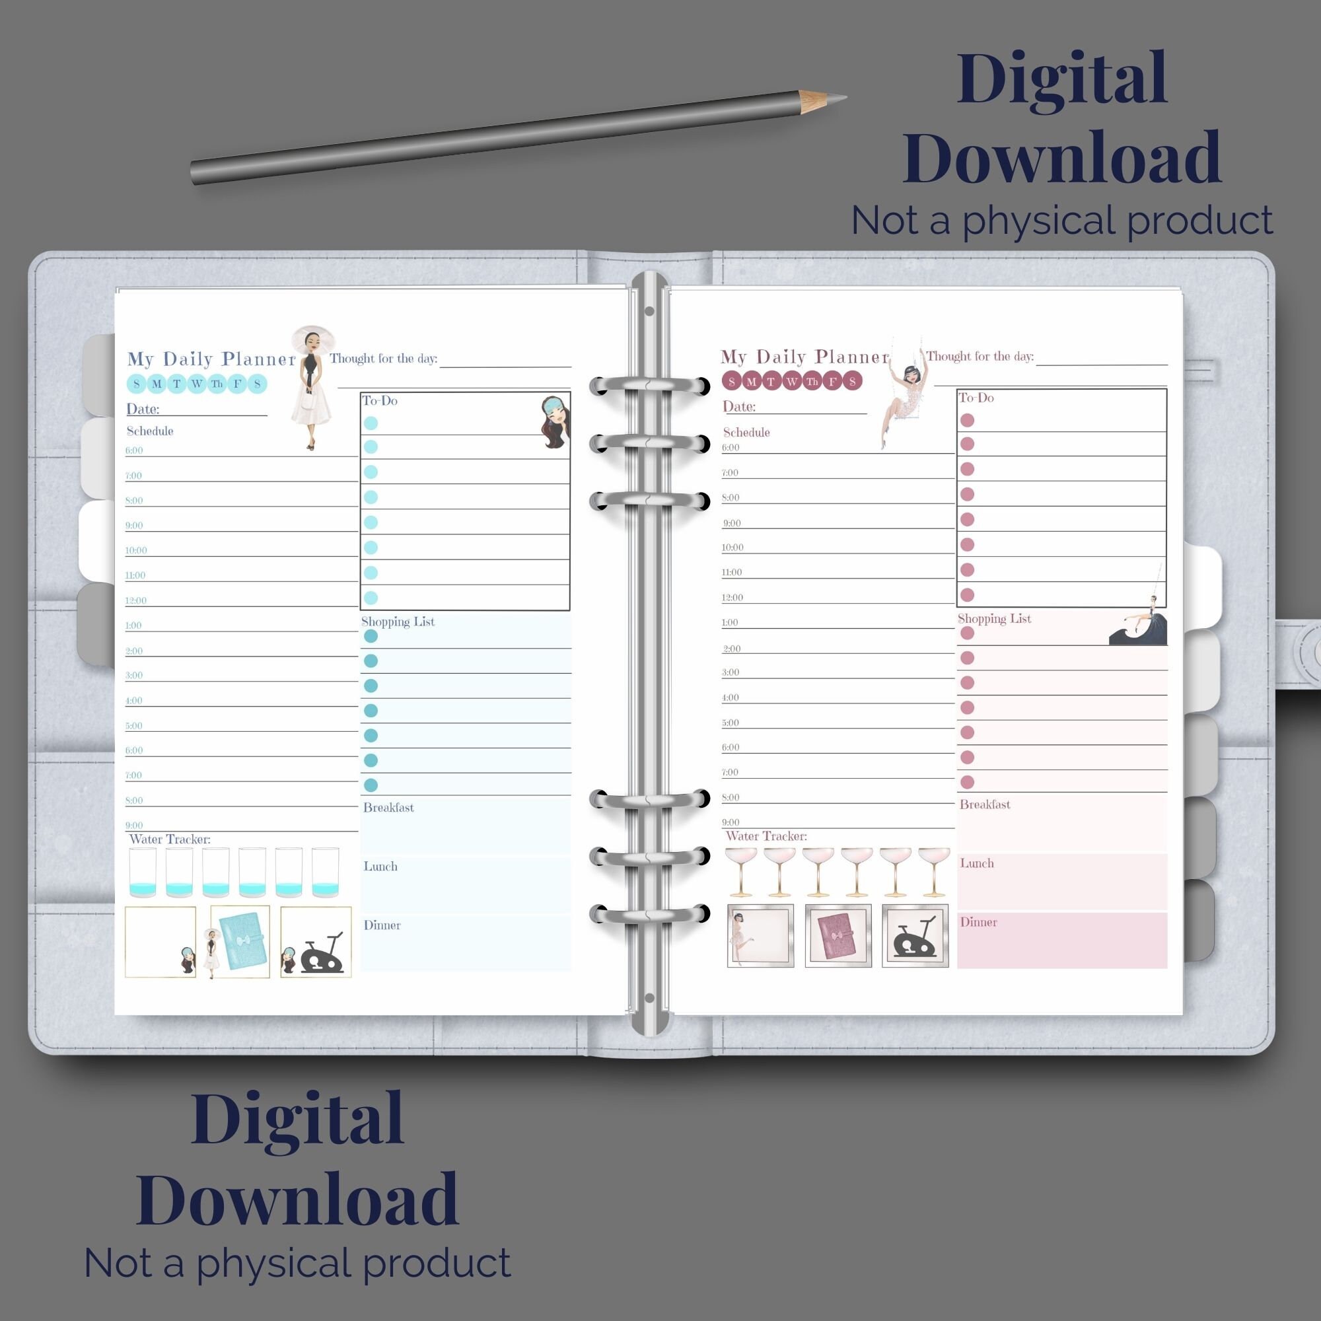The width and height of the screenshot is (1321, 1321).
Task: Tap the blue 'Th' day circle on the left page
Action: [217, 384]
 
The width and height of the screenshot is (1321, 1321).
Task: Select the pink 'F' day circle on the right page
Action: [832, 382]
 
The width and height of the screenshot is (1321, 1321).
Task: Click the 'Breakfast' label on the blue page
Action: [388, 808]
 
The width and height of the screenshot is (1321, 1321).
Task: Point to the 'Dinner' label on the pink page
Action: [978, 922]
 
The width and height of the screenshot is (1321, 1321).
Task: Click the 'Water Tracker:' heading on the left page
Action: [170, 839]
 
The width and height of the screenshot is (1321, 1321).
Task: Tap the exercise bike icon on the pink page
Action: [915, 936]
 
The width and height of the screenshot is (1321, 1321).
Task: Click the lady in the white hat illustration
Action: [311, 386]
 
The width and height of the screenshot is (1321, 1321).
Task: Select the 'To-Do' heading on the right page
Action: [976, 398]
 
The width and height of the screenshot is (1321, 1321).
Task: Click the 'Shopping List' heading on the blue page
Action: [398, 622]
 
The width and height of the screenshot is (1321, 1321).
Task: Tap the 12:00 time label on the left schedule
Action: [136, 601]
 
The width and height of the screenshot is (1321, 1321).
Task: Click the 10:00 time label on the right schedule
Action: [732, 548]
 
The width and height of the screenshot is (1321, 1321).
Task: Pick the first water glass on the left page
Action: [142, 873]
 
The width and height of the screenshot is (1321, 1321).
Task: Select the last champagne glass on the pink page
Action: [934, 871]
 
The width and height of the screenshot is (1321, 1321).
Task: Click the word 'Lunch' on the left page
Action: [380, 867]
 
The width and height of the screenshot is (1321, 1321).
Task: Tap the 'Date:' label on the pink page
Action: [739, 407]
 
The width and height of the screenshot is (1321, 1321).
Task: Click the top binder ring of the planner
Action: [649, 386]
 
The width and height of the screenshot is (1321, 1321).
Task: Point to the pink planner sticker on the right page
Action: [838, 936]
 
